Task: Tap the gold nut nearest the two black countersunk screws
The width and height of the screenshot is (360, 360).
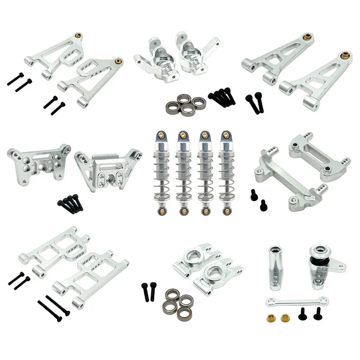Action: point(284,319)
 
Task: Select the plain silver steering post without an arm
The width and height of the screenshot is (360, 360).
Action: point(275,268)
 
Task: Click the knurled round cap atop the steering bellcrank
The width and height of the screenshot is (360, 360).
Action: point(320,251)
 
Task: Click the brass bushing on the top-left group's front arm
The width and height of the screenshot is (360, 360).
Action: point(119,61)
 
